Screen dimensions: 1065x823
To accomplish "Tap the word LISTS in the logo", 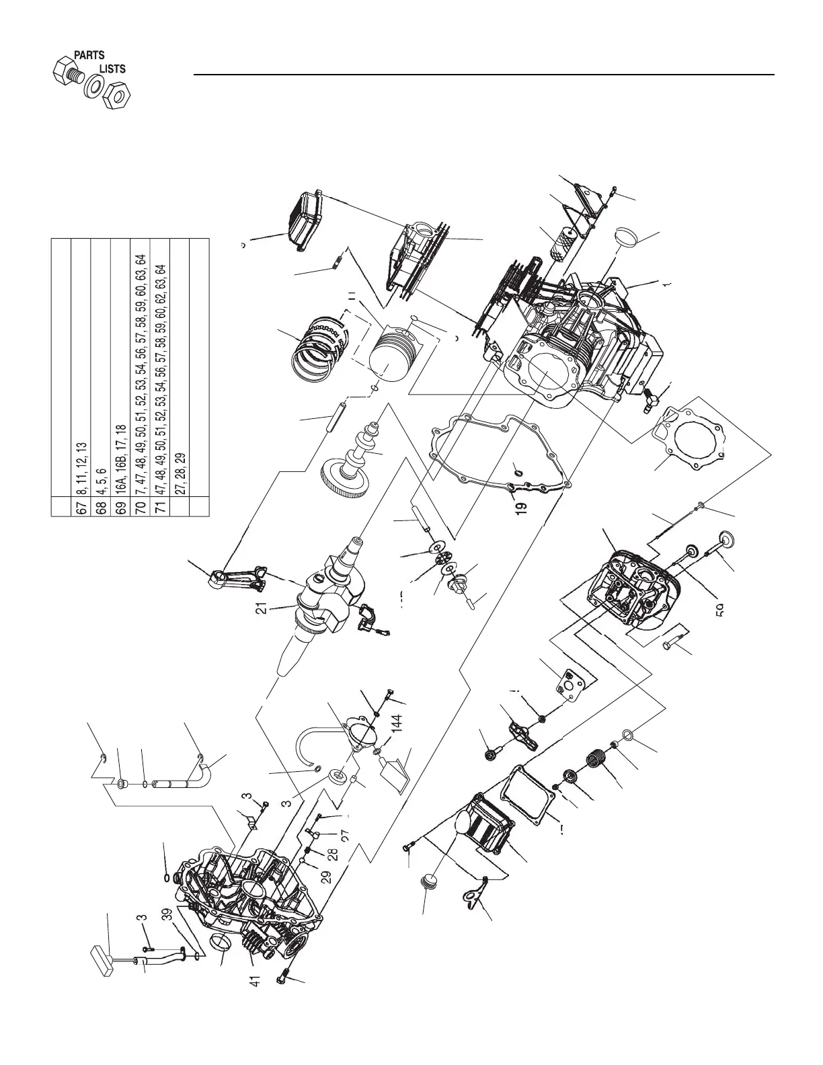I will coord(112,69).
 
